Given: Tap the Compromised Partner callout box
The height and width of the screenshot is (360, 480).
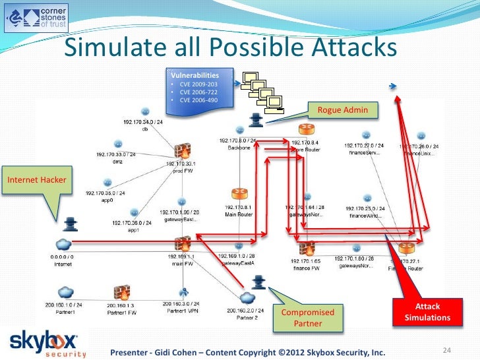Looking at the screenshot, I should [x=308, y=317].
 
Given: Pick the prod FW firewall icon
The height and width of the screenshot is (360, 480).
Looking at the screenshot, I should [x=182, y=152].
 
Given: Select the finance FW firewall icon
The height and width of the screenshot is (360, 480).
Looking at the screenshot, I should [x=306, y=249].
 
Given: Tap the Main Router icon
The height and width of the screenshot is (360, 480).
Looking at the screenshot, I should [x=239, y=194].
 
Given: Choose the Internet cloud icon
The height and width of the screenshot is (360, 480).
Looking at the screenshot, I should [x=63, y=243].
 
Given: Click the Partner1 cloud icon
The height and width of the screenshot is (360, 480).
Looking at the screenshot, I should [x=65, y=292].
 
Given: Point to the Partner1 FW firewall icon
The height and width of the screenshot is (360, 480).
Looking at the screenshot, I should [x=121, y=292].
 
